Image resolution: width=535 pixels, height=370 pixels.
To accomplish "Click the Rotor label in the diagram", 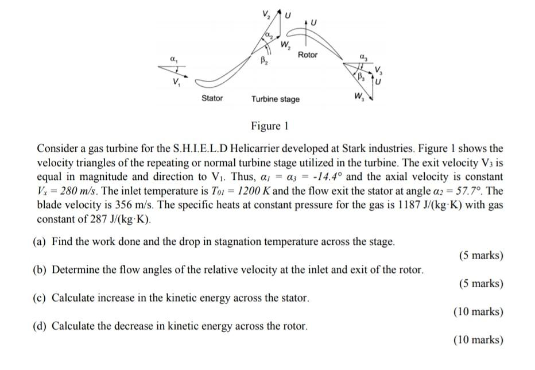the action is [308, 55].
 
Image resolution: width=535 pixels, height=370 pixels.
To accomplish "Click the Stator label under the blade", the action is [212, 98].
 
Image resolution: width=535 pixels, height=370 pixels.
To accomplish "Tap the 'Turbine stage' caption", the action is [276, 99].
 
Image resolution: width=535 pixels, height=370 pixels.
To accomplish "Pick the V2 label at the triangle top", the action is [265, 13].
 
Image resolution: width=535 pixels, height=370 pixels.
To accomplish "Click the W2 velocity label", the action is [285, 45].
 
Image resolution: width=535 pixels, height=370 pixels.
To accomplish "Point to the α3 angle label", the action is [362, 55].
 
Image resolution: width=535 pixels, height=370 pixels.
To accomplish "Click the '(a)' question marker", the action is [40, 241].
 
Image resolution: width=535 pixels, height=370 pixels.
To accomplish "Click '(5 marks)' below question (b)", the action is [481, 283].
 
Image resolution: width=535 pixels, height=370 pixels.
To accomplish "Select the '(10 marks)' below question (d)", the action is [478, 340].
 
